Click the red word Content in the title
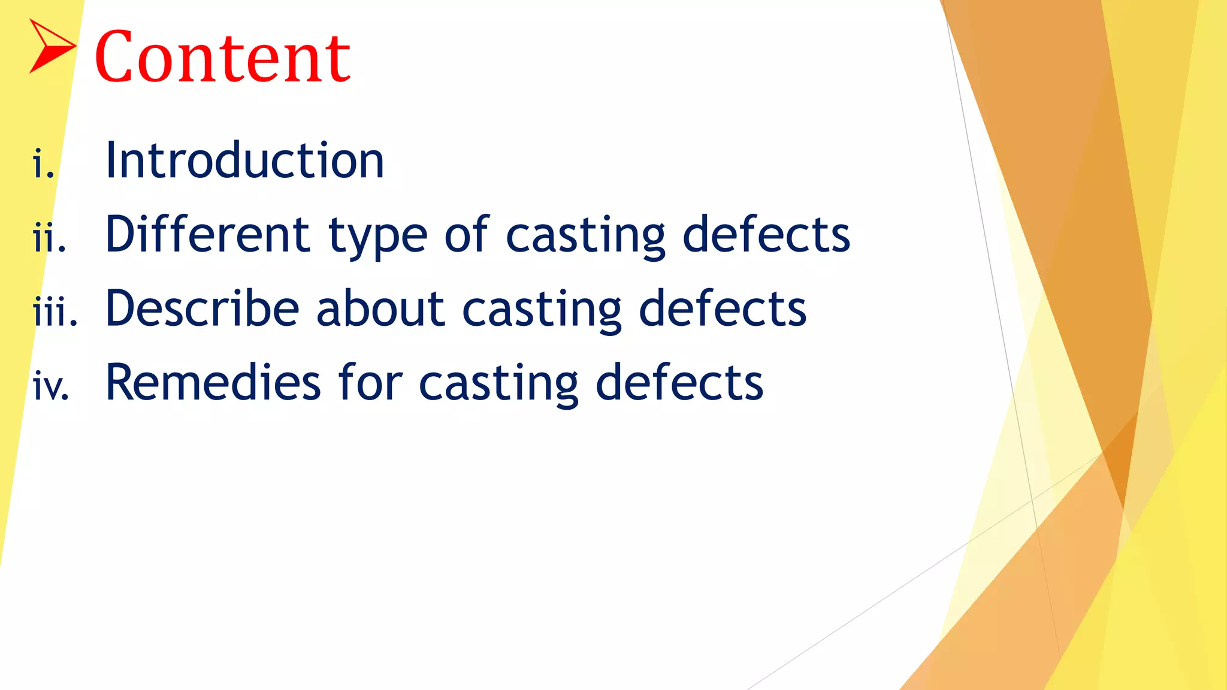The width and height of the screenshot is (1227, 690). coord(222,57)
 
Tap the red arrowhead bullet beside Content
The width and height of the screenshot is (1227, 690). coord(51,46)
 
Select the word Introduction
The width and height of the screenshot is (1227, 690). coord(244,161)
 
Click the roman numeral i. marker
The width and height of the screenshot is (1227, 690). coord(44,165)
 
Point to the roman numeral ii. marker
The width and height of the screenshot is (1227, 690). coord(49,238)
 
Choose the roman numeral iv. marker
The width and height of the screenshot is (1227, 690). coord(52,386)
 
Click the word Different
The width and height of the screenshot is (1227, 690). coord(207,234)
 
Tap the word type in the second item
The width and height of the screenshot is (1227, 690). coord(377,237)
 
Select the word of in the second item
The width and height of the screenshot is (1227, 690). coord(467,234)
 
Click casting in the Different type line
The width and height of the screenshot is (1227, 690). coord(585,237)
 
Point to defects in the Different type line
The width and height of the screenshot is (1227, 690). coord(766,234)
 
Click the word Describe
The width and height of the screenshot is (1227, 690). coord(202,308)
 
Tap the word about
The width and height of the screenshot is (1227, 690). coord(380,308)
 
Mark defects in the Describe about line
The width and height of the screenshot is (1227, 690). coord(723,308)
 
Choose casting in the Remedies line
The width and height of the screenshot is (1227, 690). coord(498,385)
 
